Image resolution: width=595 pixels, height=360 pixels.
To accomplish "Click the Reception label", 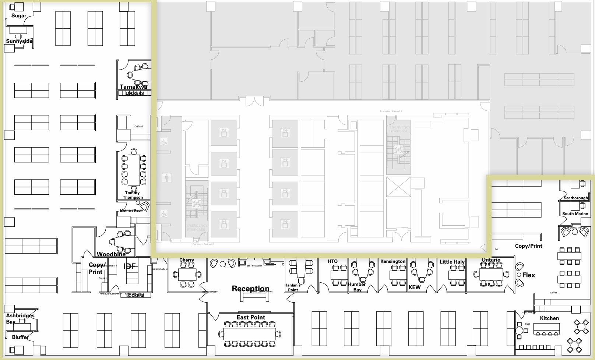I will click(x=250, y=289).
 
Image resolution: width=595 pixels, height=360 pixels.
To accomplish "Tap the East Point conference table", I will click(x=250, y=334).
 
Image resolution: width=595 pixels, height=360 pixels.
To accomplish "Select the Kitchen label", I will click(x=549, y=318).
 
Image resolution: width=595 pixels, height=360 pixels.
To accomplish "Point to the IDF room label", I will click(x=129, y=267).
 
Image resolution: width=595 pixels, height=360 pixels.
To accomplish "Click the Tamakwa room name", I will click(x=133, y=87).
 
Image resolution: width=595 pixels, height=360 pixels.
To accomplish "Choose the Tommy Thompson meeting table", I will click(x=134, y=170).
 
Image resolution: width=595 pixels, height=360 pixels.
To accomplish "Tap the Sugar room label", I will click(x=19, y=15).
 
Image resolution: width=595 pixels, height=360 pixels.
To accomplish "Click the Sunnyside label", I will click(x=20, y=41).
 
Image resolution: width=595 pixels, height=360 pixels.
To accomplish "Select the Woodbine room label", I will click(x=111, y=254).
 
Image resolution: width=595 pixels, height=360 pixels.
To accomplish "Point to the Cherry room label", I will click(x=187, y=260).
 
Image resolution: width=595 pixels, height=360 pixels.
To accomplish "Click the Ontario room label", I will click(x=491, y=260).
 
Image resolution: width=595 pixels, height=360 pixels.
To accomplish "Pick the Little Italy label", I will click(x=452, y=262).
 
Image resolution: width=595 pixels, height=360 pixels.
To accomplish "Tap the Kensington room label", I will click(x=393, y=261).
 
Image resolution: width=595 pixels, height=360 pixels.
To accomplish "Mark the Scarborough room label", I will click(x=575, y=198).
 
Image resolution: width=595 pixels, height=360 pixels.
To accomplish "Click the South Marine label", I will click(x=575, y=213).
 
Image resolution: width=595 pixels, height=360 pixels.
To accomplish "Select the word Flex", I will click(x=528, y=275).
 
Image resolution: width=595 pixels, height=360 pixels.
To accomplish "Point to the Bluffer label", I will click(x=20, y=337).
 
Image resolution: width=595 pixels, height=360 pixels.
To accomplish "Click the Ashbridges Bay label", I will click(x=20, y=318).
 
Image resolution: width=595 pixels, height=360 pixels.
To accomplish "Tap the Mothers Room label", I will click(x=131, y=211).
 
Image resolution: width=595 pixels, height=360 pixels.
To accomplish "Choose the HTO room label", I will click(x=332, y=261).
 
